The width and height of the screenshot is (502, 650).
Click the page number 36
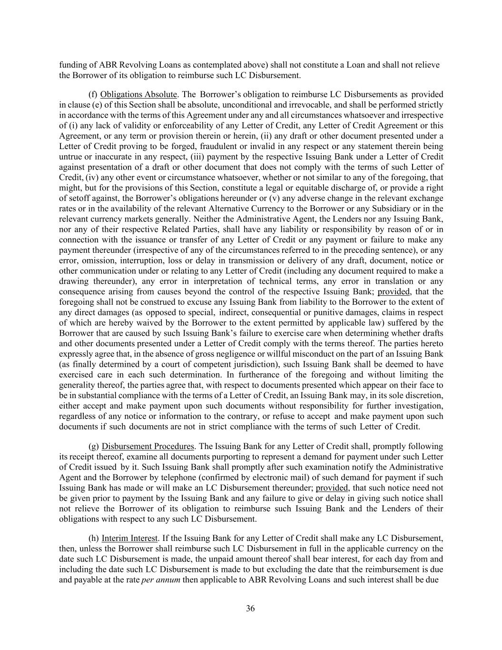point(250,609)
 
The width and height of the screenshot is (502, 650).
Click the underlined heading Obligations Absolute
point(138,94)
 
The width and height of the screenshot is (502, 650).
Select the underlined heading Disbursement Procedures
point(148,446)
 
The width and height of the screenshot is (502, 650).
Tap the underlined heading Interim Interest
point(129,538)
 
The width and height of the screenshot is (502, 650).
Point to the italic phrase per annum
point(161,580)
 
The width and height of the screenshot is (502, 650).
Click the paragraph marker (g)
point(94,446)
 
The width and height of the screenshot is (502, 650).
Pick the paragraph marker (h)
point(94,538)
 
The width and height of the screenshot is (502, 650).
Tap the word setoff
point(79,198)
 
